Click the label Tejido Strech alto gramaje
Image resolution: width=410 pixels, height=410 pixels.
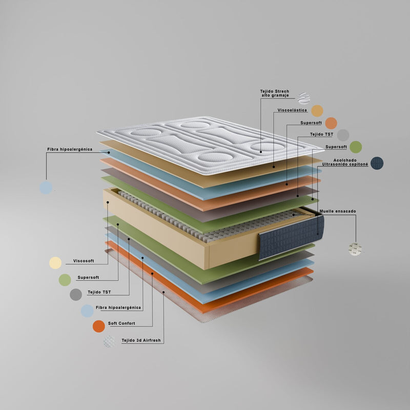[275, 93]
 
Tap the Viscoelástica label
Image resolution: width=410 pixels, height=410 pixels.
[292, 110]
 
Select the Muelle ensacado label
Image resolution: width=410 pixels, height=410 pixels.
[338, 211]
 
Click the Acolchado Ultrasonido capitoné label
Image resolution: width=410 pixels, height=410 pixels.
[345, 162]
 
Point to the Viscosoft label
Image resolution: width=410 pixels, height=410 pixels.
[84, 261]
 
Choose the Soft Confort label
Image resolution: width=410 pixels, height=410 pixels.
[121, 323]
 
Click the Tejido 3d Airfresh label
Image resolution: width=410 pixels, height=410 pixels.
[141, 340]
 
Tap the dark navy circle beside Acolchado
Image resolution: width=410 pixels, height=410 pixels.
[377, 163]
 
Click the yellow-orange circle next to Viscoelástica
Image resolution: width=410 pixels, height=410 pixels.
[317, 111]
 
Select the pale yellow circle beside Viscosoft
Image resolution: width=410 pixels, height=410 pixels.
[55, 263]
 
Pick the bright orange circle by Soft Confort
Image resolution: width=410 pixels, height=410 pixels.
[99, 326]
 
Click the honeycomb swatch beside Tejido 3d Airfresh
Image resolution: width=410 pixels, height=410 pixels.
[109, 341]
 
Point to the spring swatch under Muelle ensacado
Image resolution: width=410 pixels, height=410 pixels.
[355, 249]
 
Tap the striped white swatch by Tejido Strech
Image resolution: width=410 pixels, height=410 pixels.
[304, 98]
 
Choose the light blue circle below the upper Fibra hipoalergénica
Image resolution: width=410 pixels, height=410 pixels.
[46, 188]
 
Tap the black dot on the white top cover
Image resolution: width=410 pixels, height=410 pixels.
[261, 152]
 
